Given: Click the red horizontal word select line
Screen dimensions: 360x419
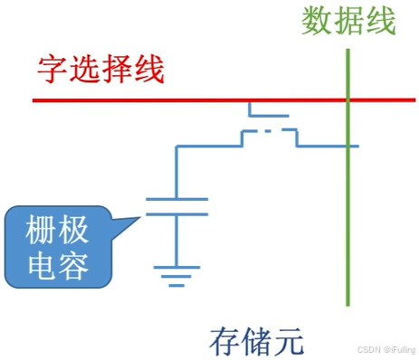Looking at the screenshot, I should point(181,99).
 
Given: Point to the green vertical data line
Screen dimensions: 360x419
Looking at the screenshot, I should point(348,226).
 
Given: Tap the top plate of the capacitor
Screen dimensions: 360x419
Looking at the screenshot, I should point(176,198).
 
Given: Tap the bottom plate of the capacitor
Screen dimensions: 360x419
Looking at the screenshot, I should point(176,214).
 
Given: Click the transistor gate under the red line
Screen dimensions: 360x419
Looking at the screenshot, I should point(269,115).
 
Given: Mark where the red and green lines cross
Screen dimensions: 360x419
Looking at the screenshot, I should point(348,99).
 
